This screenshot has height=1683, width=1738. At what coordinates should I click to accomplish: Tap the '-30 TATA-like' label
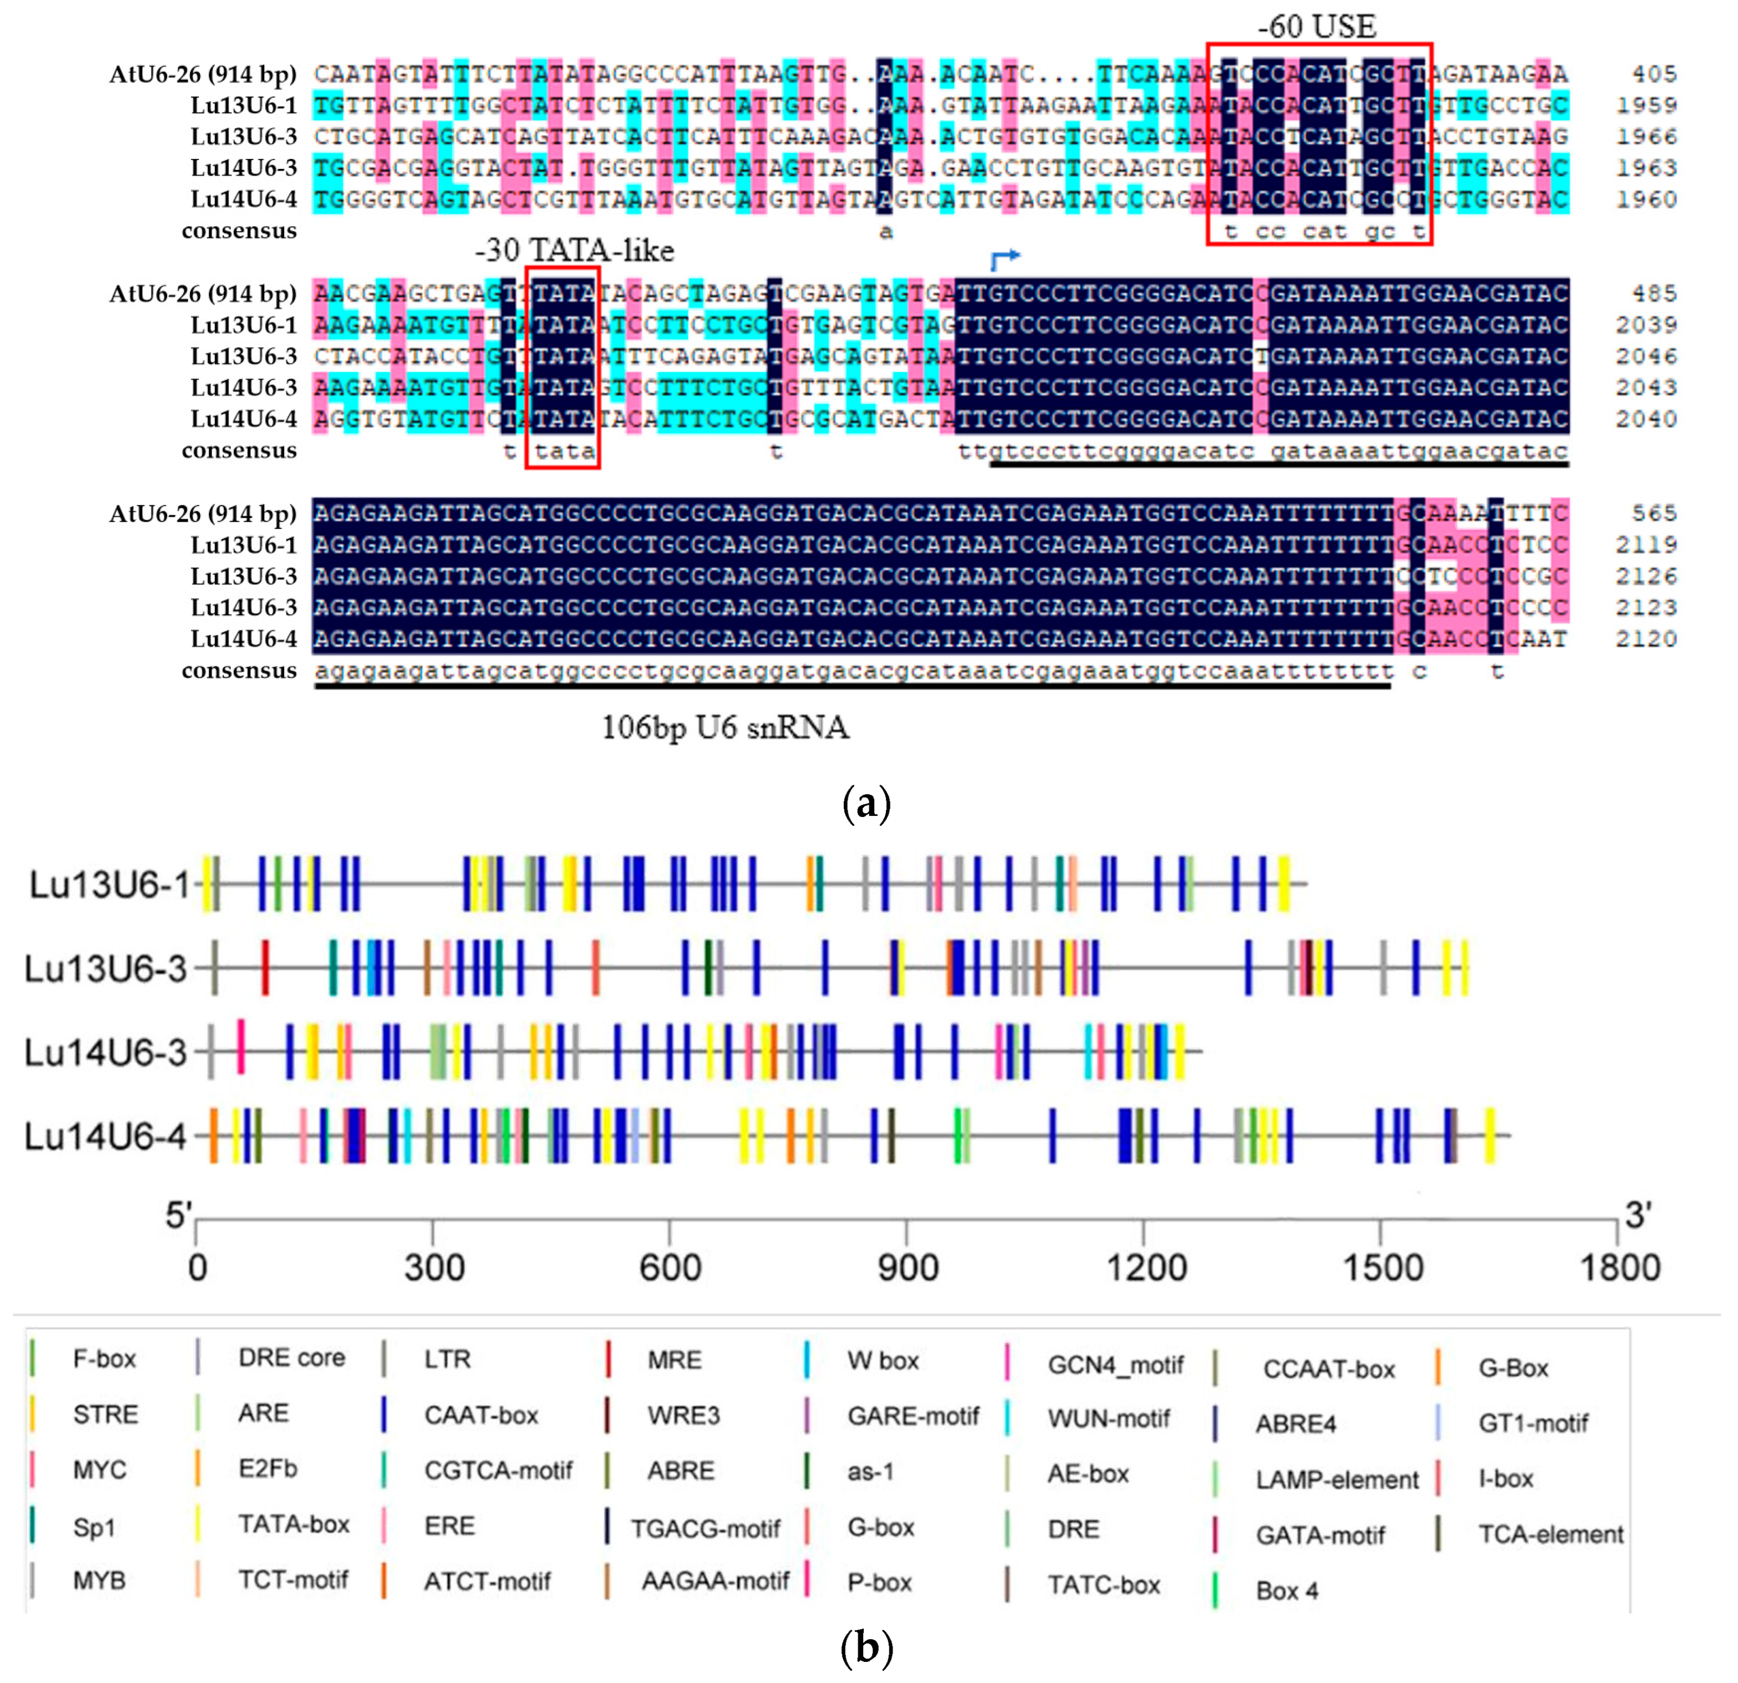coord(574,251)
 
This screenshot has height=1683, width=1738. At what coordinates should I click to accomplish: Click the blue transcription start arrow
coord(1005,259)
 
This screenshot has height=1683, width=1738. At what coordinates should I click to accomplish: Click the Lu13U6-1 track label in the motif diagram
coord(109,884)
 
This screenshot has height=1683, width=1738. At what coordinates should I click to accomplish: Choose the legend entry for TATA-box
coord(293,1524)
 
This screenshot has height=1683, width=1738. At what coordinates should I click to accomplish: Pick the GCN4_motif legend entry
coord(1115,1365)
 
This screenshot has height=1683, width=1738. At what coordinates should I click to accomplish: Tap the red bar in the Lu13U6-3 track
coord(265,968)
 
